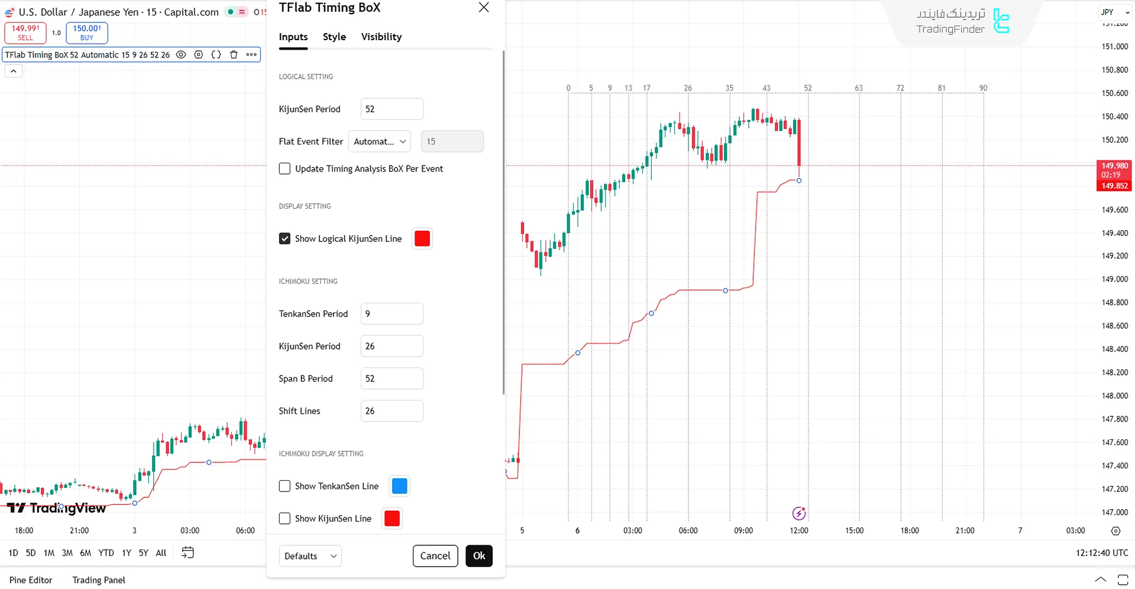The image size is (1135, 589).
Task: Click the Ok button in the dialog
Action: point(478,556)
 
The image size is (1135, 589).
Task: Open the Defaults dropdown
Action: point(310,556)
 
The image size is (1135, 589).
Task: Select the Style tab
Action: point(334,37)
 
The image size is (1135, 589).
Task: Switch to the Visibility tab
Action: point(381,37)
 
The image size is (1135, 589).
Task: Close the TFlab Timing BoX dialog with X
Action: point(484,8)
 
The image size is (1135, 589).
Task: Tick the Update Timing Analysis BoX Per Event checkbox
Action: point(284,169)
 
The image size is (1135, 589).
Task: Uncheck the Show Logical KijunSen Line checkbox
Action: point(284,238)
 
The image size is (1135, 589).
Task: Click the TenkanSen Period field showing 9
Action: point(392,313)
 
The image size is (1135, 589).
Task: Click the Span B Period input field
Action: point(392,378)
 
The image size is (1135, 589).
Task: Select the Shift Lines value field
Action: point(392,411)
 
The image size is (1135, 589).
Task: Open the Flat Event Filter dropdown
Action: point(380,141)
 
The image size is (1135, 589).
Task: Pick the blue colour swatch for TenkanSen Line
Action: point(400,486)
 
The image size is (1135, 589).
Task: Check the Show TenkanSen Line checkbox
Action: point(284,486)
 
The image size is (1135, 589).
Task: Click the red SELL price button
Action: point(25,33)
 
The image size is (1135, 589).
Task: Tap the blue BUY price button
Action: point(87,33)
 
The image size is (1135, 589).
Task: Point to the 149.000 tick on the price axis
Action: point(1114,279)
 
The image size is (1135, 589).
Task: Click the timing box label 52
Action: point(807,88)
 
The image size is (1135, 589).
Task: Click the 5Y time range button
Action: point(143,553)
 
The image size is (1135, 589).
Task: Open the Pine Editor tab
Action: point(31,580)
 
